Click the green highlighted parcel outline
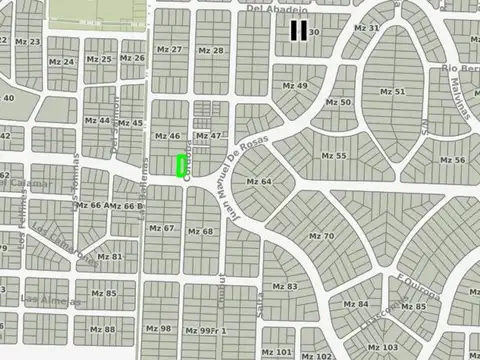(x=182, y=166)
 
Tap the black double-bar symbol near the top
(x=298, y=31)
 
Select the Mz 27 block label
(x=170, y=50)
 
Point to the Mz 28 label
(x=211, y=50)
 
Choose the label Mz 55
(x=333, y=157)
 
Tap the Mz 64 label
(x=259, y=181)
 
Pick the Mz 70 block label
(x=321, y=236)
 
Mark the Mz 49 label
(x=295, y=86)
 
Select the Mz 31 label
(x=367, y=28)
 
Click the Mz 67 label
(x=161, y=229)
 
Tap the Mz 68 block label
(x=201, y=231)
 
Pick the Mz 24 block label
(x=62, y=61)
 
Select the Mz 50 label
(x=339, y=102)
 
